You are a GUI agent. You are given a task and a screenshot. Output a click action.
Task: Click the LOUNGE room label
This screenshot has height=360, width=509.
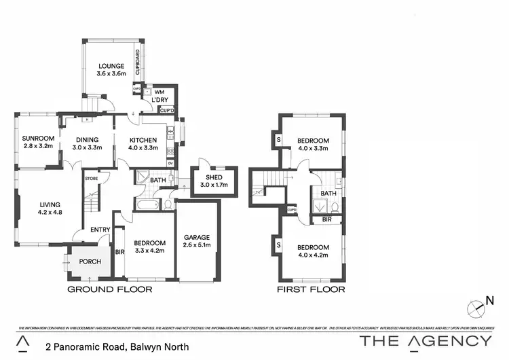click(x=110, y=66)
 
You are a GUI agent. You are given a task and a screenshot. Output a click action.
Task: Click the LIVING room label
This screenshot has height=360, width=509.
click(x=50, y=204)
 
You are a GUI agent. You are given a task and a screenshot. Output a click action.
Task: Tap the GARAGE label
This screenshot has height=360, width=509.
click(x=197, y=237)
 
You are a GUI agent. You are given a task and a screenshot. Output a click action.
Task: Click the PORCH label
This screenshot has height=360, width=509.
click(x=90, y=262)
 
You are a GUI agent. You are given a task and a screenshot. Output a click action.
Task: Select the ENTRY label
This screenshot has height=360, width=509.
click(x=99, y=230)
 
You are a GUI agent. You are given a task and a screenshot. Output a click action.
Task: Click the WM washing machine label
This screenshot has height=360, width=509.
click(x=159, y=92)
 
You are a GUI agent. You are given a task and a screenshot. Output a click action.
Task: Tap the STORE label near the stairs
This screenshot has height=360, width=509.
click(x=91, y=179)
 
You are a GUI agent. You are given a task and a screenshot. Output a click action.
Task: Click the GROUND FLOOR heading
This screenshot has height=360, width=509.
click(x=109, y=289)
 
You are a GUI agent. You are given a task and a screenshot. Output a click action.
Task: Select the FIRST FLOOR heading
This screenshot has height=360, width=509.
click(x=312, y=289)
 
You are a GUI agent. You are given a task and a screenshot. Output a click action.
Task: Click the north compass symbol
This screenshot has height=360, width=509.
click(x=479, y=307)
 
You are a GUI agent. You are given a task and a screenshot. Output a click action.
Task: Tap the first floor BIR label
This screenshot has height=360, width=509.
click(x=326, y=220)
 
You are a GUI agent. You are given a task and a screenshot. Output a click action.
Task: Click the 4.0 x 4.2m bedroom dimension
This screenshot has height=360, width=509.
click(x=313, y=255)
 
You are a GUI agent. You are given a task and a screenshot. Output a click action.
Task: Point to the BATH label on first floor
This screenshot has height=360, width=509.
click(x=329, y=194)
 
